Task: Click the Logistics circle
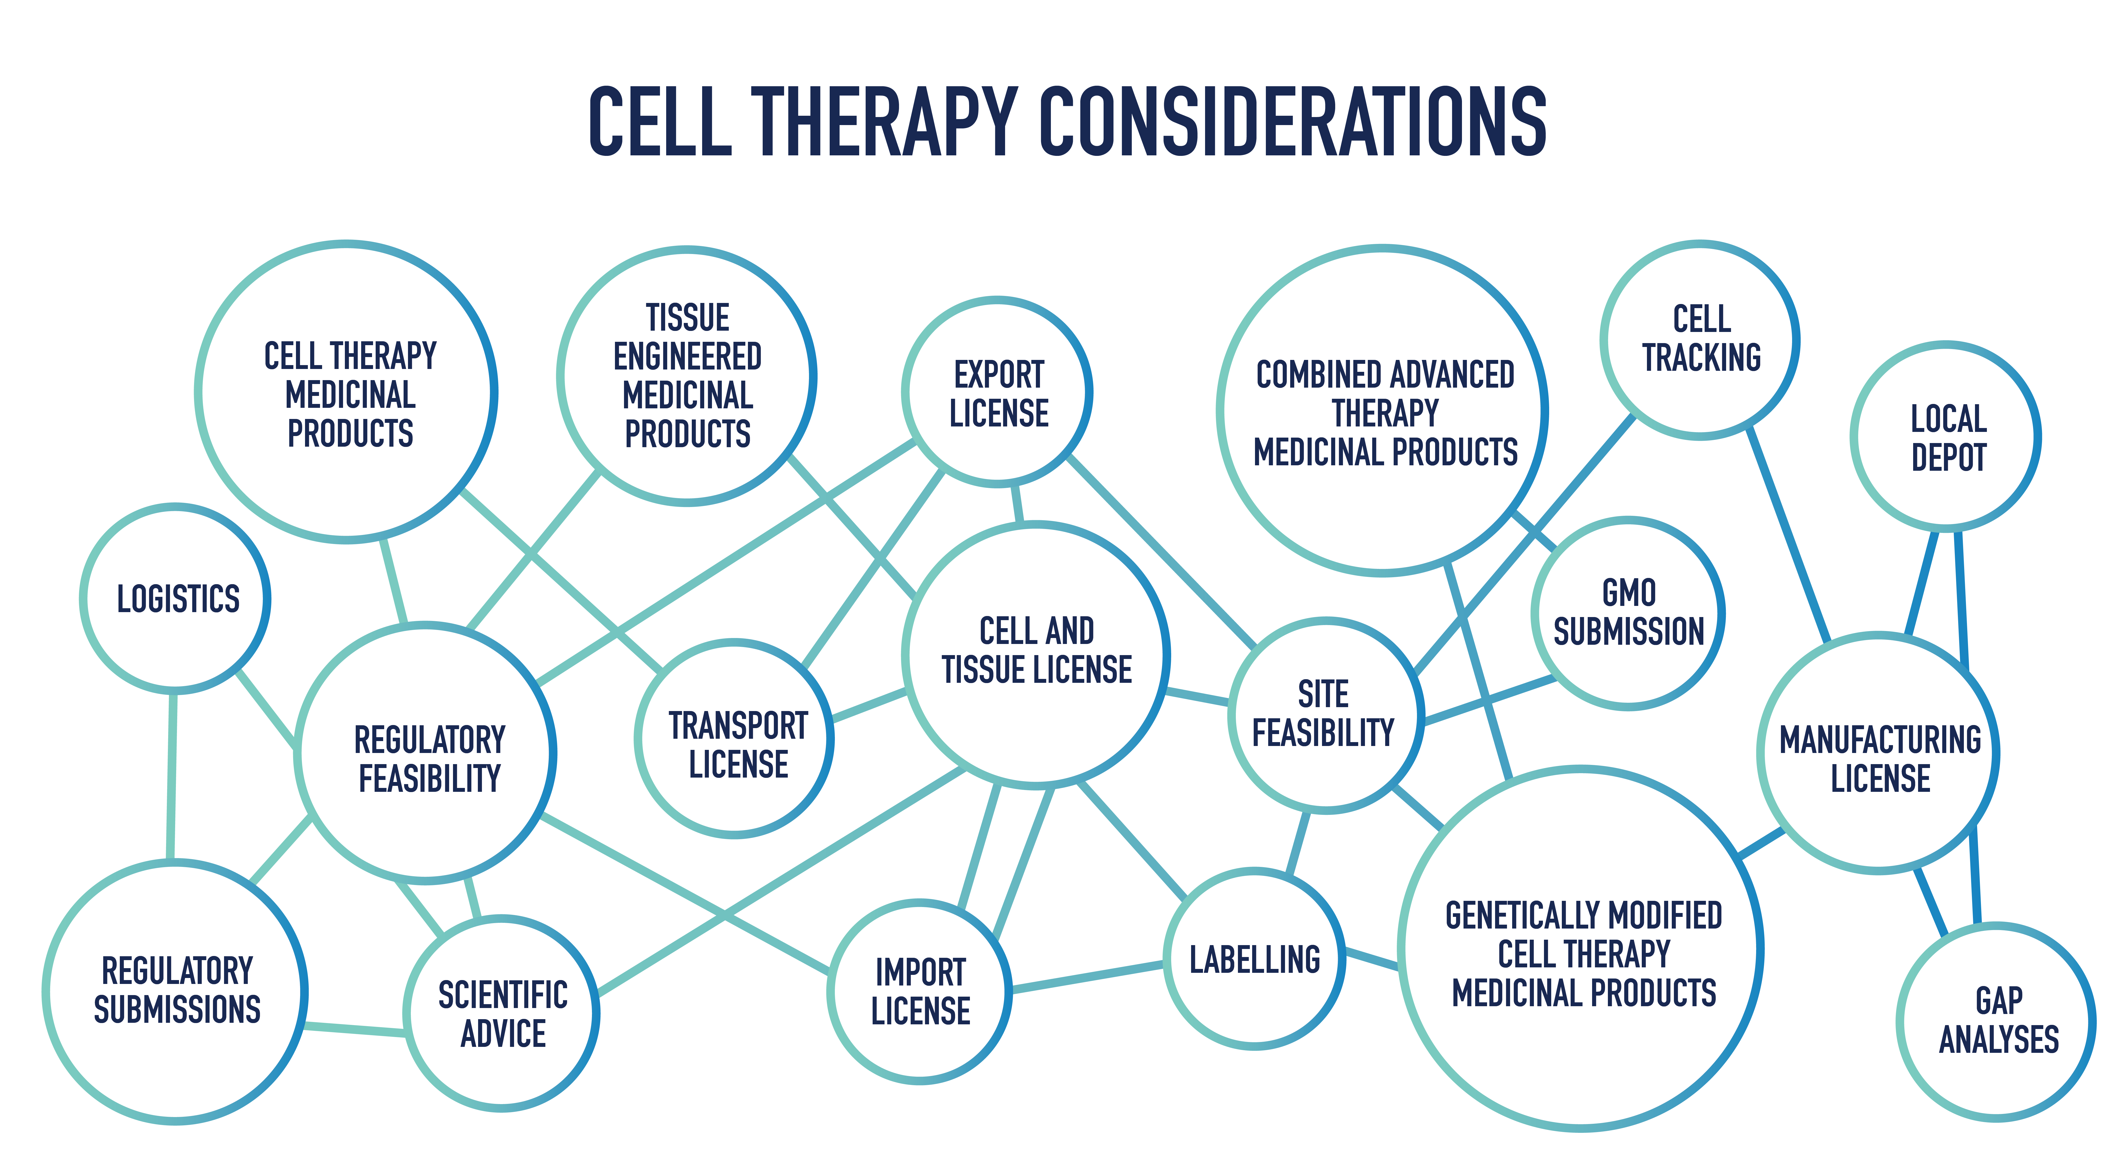click(176, 598)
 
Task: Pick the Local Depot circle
click(1946, 436)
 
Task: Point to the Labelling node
click(1254, 959)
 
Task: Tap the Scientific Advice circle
click(502, 1013)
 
